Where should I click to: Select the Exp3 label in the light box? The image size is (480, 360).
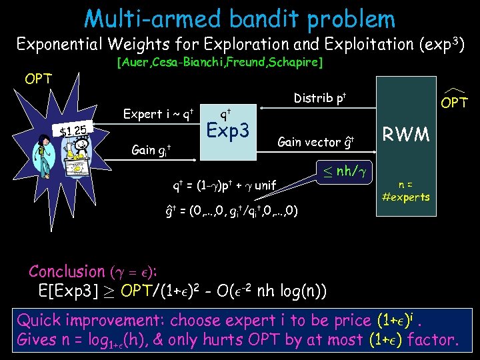coord(228,131)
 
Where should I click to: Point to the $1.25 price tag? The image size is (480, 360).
coord(73,130)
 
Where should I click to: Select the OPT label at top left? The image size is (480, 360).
coord(39,79)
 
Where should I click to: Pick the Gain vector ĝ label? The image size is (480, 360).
coord(315,141)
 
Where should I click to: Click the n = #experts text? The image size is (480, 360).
coord(405,191)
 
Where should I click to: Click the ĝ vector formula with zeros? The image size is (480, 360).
coord(231,212)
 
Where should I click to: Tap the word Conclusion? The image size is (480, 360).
coord(66,271)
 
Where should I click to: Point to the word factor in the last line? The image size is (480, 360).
coord(433,341)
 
